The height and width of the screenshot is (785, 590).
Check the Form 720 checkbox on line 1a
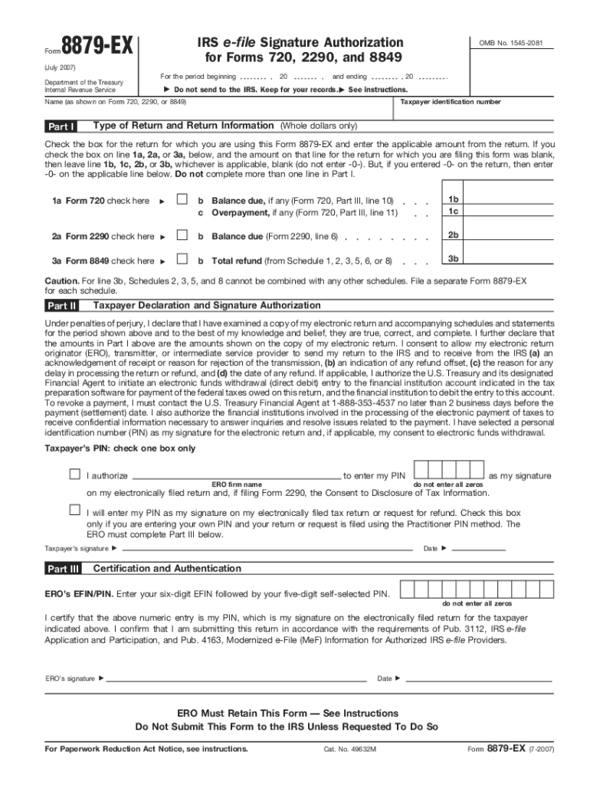[182, 200]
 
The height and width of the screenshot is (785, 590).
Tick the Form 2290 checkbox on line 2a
[182, 236]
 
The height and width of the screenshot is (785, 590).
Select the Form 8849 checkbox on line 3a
[182, 260]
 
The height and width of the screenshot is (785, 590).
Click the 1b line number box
[453, 200]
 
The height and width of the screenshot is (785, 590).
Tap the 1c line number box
[453, 212]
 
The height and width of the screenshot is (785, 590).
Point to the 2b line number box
[453, 235]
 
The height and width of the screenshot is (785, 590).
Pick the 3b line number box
[453, 259]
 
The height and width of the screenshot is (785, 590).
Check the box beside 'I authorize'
[75, 475]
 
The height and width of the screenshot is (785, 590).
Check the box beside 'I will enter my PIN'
[75, 510]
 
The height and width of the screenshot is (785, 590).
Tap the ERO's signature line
[238, 678]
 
